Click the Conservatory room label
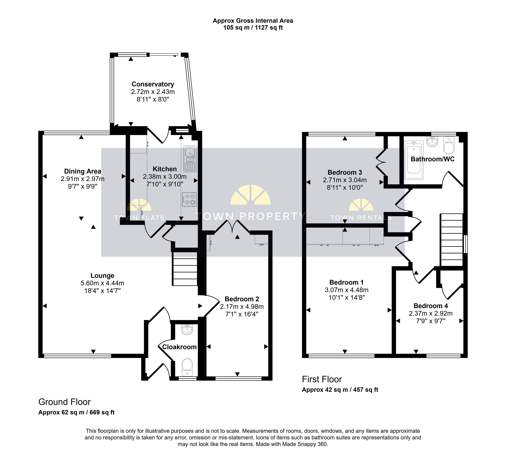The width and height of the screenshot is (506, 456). [x=153, y=84]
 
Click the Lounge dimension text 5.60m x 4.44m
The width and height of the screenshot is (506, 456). [x=102, y=283]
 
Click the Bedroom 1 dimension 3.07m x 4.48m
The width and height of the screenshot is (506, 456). [x=347, y=290]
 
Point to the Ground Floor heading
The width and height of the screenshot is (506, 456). [x=64, y=402]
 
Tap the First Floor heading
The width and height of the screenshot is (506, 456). [x=322, y=379]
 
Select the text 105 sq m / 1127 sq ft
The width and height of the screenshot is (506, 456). [x=253, y=28]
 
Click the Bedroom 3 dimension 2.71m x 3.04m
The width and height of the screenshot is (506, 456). [x=345, y=180]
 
